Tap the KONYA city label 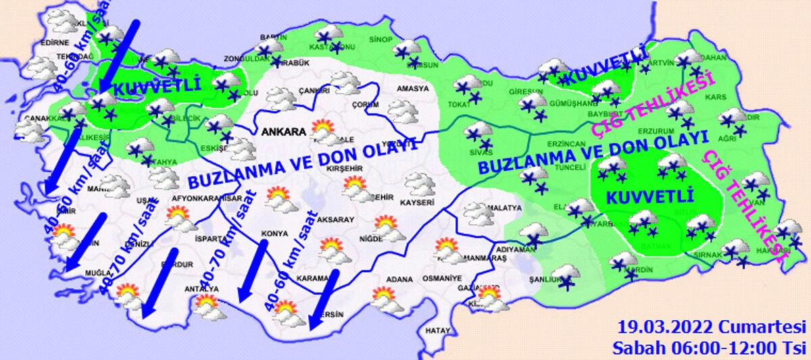pyautogui.click(x=275, y=236)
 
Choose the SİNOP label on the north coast pyautogui.click(x=380, y=41)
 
